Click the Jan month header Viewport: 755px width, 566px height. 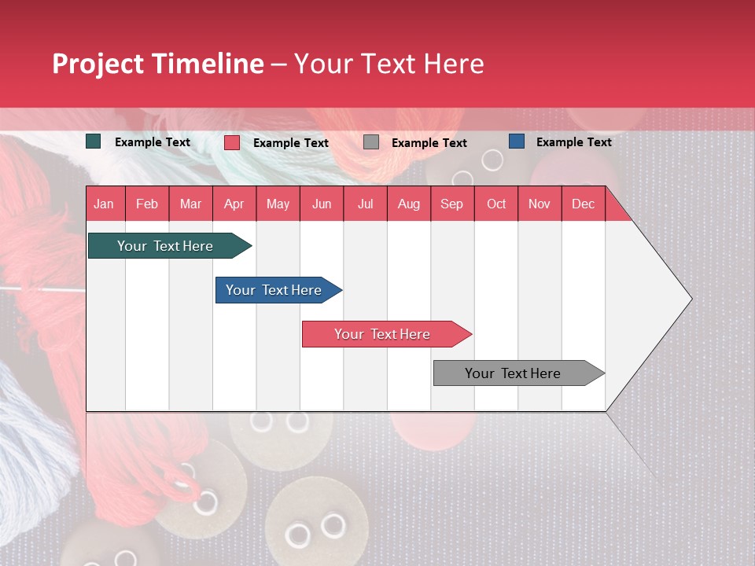click(x=104, y=204)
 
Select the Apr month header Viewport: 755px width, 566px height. click(x=234, y=204)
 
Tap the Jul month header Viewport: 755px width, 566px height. click(x=365, y=204)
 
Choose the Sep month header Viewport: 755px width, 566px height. click(x=451, y=204)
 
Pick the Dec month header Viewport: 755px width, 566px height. click(x=583, y=204)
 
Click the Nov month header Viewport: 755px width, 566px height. click(x=540, y=204)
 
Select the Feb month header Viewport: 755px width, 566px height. click(x=147, y=204)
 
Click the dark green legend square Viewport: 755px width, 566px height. click(x=94, y=141)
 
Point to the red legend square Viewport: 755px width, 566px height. click(x=232, y=142)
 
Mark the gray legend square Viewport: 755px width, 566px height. click(x=371, y=142)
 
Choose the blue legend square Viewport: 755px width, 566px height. click(x=516, y=141)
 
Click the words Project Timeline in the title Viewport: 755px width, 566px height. click(x=157, y=63)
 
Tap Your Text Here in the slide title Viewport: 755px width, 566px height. click(x=389, y=63)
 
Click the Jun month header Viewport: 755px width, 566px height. click(x=322, y=204)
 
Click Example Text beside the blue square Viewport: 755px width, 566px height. click(x=573, y=141)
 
